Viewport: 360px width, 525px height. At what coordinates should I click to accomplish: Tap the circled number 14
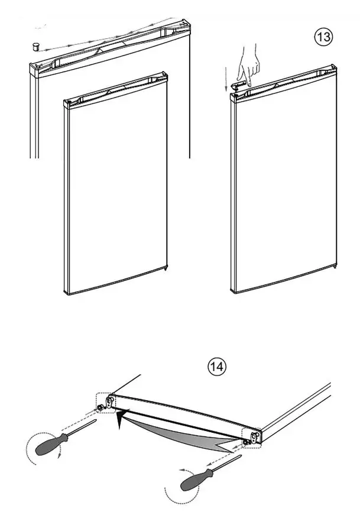[x=216, y=367]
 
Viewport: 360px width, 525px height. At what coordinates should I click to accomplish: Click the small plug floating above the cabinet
[x=35, y=46]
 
